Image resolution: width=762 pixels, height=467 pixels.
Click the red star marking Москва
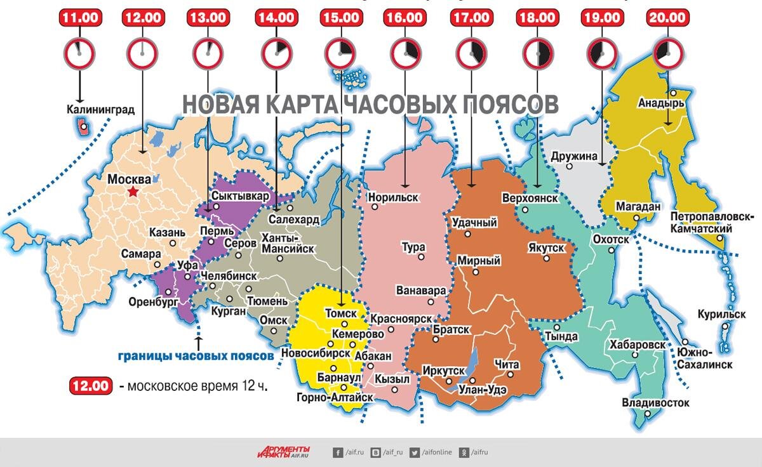click(x=133, y=191)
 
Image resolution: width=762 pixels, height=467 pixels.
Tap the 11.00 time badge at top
click(x=79, y=18)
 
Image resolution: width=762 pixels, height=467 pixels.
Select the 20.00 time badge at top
click(x=666, y=18)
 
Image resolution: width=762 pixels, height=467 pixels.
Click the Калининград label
click(x=100, y=109)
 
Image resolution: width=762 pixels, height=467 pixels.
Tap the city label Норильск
click(x=393, y=197)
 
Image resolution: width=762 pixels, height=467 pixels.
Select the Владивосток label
click(x=655, y=402)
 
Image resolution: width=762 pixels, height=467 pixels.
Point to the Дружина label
click(x=574, y=155)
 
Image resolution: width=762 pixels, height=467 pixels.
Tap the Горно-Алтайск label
click(x=335, y=397)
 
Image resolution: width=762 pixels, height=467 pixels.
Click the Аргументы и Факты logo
click(x=284, y=452)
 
